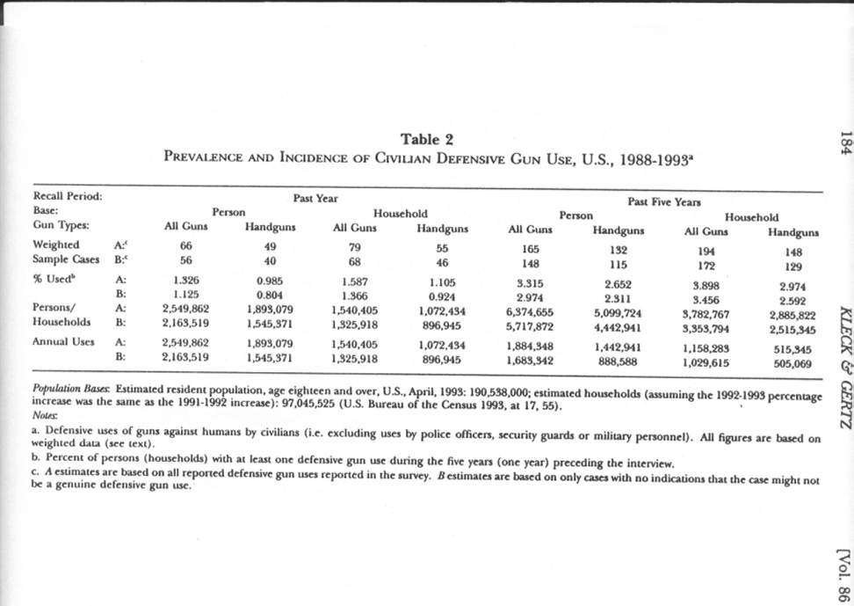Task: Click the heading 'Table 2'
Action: click(427, 139)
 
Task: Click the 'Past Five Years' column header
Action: click(664, 201)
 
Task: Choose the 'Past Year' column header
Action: click(316, 199)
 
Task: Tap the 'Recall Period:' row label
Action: click(67, 196)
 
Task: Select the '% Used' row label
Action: click(55, 281)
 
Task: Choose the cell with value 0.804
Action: click(271, 296)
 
